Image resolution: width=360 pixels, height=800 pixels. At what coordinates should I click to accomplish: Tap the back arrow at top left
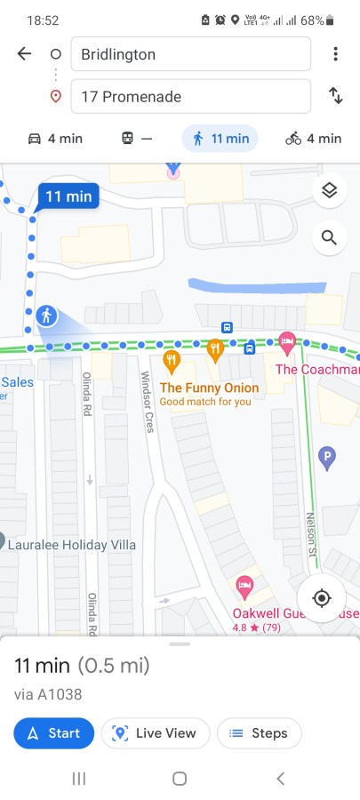24,54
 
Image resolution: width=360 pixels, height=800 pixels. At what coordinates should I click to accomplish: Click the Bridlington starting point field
190,54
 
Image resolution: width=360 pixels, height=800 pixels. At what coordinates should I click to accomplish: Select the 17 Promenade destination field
190,96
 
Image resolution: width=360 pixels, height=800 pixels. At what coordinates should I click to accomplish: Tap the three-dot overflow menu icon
335,54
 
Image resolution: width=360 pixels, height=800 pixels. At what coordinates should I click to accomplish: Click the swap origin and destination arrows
335,96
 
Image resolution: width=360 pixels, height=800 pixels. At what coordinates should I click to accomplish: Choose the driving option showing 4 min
55,139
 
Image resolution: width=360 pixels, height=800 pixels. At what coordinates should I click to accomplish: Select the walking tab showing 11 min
220,139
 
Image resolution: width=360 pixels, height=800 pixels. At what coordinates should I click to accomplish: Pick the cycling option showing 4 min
313,139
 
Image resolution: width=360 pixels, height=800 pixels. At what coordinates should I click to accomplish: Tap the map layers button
329,190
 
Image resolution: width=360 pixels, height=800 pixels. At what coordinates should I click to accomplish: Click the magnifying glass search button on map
329,237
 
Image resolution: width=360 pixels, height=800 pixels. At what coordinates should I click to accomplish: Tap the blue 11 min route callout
68,196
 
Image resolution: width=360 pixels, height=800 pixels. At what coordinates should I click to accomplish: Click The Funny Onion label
209,388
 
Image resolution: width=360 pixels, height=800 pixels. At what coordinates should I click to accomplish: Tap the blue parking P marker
327,458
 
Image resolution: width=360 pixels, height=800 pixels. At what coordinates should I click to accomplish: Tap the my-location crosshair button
322,598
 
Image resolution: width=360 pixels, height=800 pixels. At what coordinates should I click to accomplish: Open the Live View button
156,733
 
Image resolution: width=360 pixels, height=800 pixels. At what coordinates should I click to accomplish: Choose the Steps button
259,733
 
